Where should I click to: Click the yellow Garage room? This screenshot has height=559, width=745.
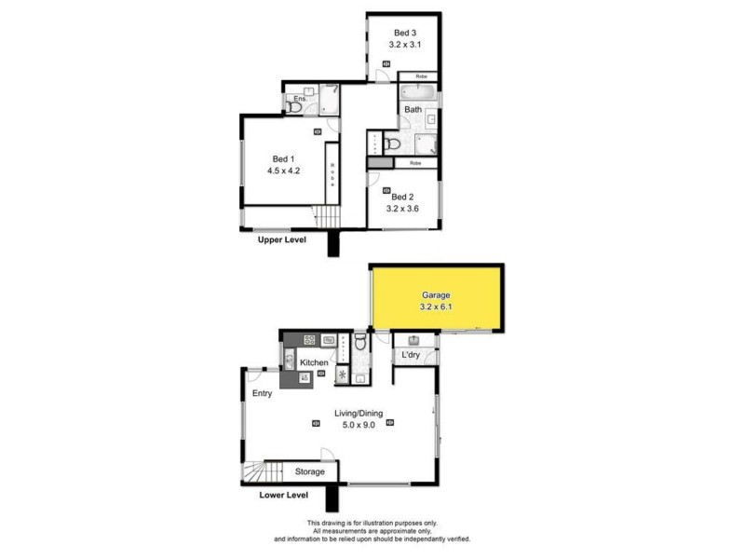pos(438,298)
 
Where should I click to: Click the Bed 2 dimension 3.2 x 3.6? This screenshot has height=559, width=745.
pos(402,210)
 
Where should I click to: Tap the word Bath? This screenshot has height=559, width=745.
pos(413,110)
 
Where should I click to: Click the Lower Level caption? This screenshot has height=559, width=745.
pos(283,495)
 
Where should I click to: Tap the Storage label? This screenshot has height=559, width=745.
pos(310,472)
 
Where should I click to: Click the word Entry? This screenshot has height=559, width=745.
pos(263,394)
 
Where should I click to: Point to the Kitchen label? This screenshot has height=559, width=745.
pos(314,361)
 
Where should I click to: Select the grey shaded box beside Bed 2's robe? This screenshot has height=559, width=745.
pos(375,163)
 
